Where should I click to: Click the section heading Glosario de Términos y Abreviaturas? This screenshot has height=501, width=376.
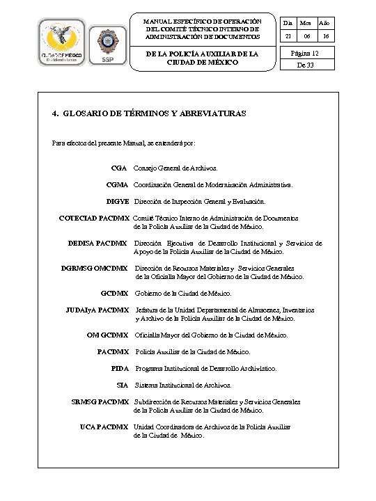tap(149, 113)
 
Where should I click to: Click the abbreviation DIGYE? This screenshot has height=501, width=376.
tap(117, 202)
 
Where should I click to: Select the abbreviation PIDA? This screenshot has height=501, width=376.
tap(120, 367)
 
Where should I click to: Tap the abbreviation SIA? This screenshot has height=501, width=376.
tap(123, 384)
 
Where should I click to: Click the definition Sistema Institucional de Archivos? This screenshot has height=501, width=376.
tap(183, 384)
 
